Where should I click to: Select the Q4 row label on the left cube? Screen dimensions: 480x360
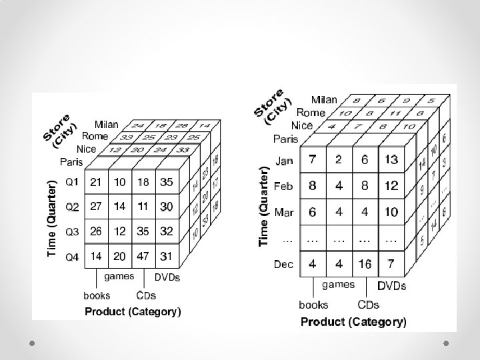pyautogui.click(x=71, y=256)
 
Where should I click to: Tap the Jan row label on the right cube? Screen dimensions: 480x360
pyautogui.click(x=284, y=160)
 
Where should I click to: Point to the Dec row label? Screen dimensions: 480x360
pyautogui.click(x=284, y=265)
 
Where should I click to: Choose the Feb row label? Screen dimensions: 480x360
pyautogui.click(x=284, y=186)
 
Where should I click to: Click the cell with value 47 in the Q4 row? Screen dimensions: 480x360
pyautogui.click(x=143, y=256)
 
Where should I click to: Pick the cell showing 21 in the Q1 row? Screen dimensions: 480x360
pyautogui.click(x=96, y=181)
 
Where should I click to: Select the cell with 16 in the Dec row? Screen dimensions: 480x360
pyautogui.click(x=365, y=265)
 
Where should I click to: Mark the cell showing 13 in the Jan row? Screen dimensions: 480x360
pyautogui.click(x=391, y=160)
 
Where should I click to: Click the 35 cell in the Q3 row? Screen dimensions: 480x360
pyautogui.click(x=143, y=231)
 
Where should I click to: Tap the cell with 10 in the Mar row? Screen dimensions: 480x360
pyautogui.click(x=391, y=212)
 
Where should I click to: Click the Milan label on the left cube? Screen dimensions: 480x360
pyautogui.click(x=107, y=125)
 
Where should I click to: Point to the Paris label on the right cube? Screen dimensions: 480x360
pyautogui.click(x=285, y=139)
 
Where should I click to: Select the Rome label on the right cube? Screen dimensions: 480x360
pyautogui.click(x=311, y=113)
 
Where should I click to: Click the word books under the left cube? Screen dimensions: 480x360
pyautogui.click(x=97, y=295)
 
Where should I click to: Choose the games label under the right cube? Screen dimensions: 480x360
pyautogui.click(x=338, y=285)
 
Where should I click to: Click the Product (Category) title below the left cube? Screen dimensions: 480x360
pyautogui.click(x=133, y=311)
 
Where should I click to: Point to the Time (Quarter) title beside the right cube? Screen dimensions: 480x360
pyautogui.click(x=264, y=205)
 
